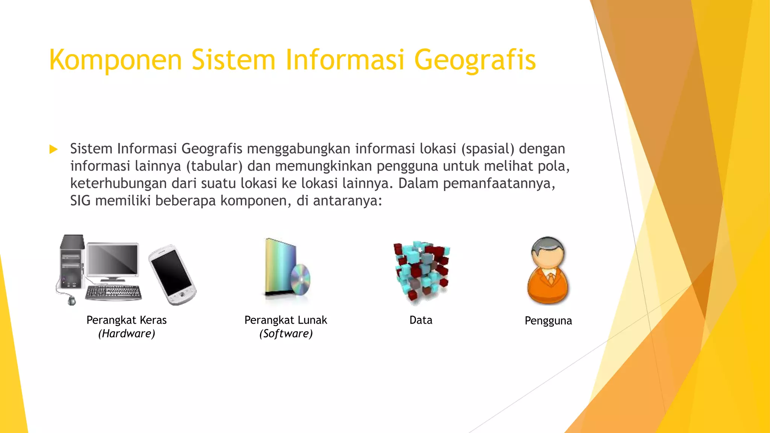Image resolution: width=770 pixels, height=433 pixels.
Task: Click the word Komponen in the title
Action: point(115,60)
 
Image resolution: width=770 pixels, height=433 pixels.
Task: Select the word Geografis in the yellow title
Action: point(475,60)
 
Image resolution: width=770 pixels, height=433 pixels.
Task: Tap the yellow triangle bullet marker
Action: point(53,150)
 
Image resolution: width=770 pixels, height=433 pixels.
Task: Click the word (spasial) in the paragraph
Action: point(488,149)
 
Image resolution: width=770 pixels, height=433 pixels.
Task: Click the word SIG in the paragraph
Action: point(80,201)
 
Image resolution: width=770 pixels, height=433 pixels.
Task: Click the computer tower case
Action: point(71,263)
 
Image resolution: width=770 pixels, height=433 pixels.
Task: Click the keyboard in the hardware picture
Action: point(113,292)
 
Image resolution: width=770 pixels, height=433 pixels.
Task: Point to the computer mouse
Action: point(71,300)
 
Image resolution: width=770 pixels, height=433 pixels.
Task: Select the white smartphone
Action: point(172,274)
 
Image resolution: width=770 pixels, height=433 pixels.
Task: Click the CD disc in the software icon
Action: point(300,280)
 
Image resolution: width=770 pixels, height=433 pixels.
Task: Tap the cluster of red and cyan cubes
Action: point(421,271)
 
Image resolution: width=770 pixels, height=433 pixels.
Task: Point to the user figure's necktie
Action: point(550,279)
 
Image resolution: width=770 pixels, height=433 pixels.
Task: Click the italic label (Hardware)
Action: point(127,334)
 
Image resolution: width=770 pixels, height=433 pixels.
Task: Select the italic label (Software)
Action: point(286,334)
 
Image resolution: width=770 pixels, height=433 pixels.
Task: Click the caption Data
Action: point(421,320)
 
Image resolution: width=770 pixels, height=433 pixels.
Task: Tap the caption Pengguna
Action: point(548,321)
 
